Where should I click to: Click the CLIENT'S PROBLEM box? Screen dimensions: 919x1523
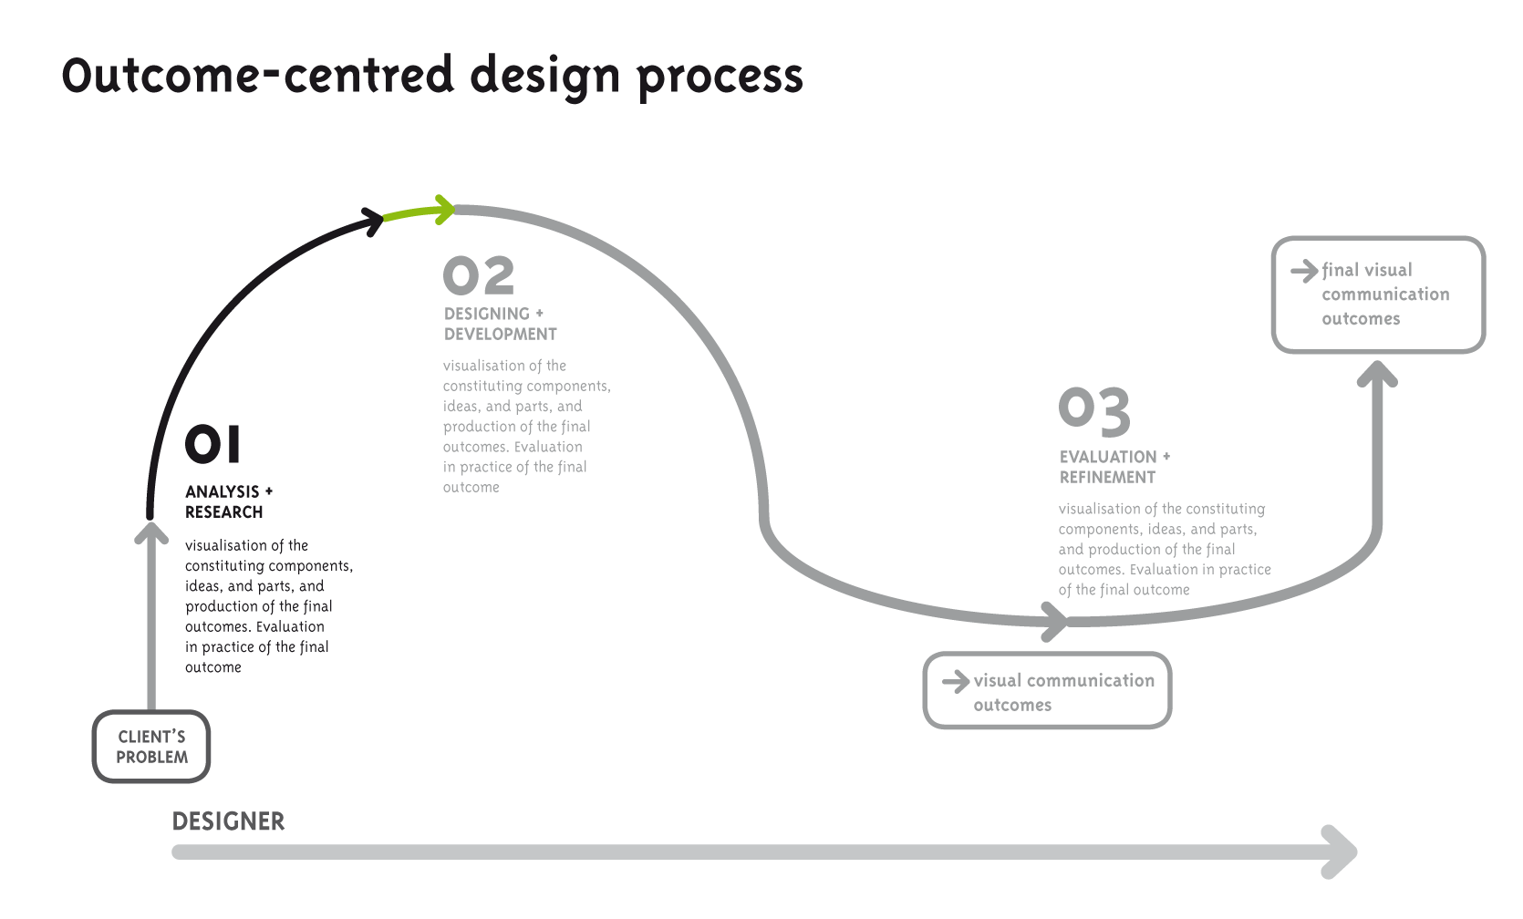tap(151, 747)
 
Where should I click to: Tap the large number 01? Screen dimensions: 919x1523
tap(213, 445)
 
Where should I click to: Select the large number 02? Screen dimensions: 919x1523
tap(479, 276)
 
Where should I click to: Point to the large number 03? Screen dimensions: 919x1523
tap(1094, 411)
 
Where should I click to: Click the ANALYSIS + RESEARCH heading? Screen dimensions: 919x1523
tap(228, 501)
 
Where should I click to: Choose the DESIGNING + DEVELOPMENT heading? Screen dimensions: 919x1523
tap(500, 324)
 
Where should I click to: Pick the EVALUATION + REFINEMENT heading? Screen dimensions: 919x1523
tap(1114, 467)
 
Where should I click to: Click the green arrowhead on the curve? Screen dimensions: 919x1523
tap(444, 210)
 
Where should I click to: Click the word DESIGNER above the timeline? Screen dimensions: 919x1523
tap(228, 821)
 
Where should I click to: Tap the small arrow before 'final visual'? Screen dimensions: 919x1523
tap(1304, 271)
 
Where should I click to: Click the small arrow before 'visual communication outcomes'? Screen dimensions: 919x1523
tap(955, 681)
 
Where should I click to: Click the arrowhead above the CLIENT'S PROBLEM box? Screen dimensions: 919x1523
tap(151, 532)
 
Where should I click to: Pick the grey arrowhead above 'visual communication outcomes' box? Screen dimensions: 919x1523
tap(1055, 622)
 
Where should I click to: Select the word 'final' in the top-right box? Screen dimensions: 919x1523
tap(1341, 270)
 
